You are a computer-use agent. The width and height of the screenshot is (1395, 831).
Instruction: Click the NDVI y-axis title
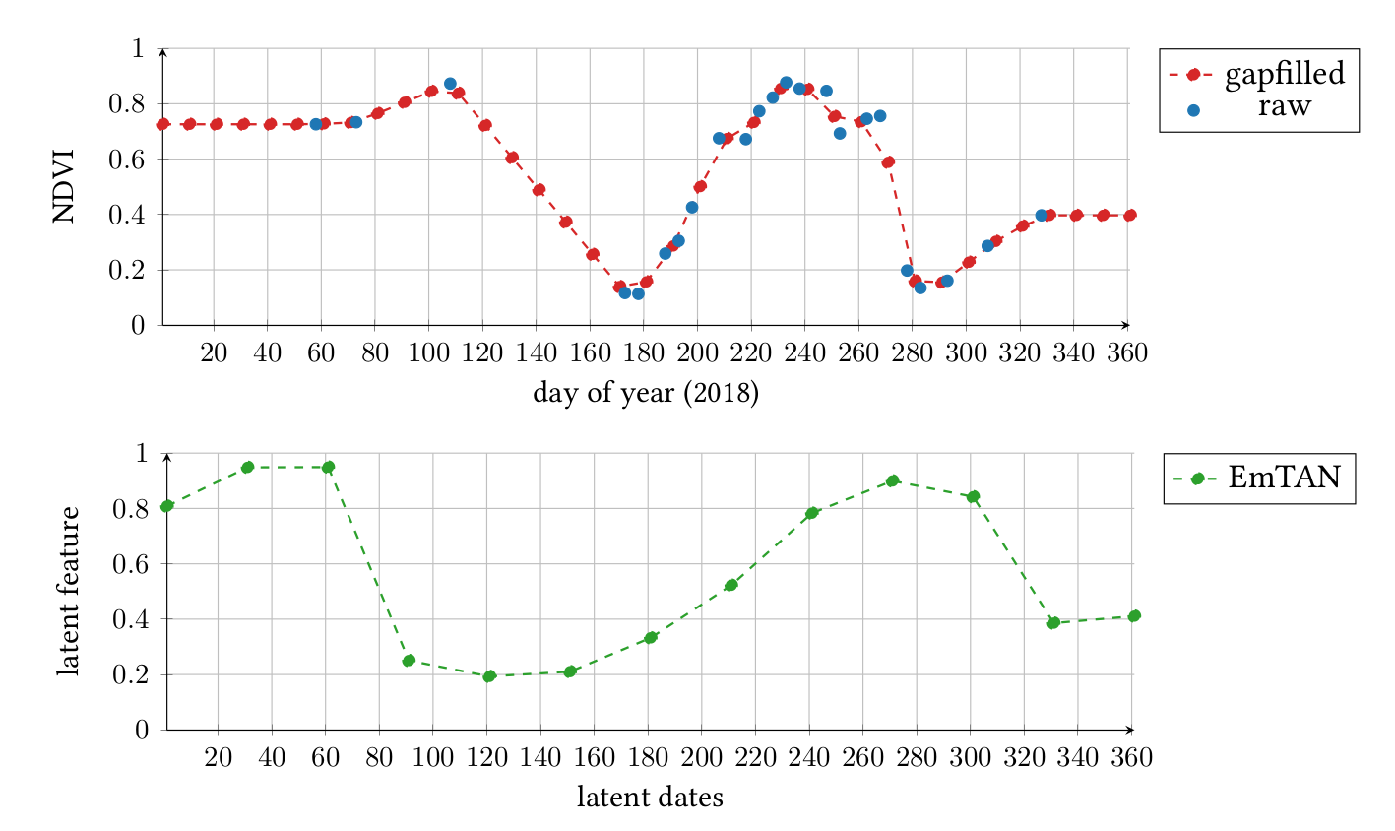[x=64, y=186]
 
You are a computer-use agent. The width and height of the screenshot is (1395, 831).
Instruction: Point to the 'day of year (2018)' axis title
[x=646, y=393]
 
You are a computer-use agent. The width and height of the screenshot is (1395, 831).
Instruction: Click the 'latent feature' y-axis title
[x=68, y=591]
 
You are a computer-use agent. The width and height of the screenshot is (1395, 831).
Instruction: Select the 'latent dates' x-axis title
[x=650, y=797]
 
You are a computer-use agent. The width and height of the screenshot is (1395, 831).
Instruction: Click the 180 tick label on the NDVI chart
[x=643, y=353]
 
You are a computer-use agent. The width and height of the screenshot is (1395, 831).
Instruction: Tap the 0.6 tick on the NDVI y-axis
[x=126, y=160]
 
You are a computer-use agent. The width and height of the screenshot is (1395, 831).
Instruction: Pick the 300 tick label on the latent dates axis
[x=970, y=758]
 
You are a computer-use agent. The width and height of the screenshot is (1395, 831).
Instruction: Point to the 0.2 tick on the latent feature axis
[x=130, y=674]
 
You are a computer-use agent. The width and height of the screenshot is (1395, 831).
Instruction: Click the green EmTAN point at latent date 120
[x=489, y=675]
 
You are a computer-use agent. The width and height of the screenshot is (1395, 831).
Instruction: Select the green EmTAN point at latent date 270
[x=893, y=480]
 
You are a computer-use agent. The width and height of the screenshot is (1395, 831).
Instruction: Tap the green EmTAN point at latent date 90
[x=409, y=661]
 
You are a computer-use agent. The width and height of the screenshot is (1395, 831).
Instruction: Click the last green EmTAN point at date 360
[x=1134, y=616]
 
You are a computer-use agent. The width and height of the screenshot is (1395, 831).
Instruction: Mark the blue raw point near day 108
[x=450, y=84]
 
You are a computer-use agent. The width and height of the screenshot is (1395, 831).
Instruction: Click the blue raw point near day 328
[x=1042, y=216]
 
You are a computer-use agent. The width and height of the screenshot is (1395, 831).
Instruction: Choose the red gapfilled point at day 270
[x=888, y=161]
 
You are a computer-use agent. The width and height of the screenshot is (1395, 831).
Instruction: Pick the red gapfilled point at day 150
[x=565, y=222]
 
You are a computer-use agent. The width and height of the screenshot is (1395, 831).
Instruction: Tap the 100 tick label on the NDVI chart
[x=428, y=353]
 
